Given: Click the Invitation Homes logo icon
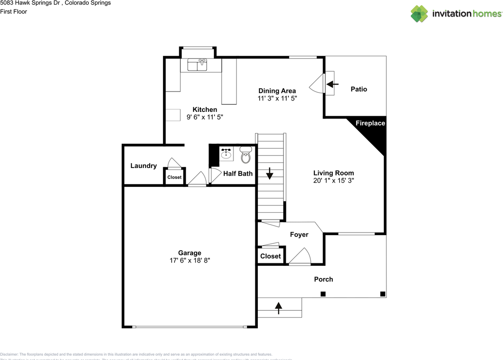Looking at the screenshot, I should (419, 14).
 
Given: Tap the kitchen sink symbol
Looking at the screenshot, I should (197, 65).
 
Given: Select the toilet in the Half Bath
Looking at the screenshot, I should (246, 155).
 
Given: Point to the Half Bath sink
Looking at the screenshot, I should (226, 154).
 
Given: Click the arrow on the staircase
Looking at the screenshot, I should (270, 174).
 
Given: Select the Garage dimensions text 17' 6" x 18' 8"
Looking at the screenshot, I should (189, 260).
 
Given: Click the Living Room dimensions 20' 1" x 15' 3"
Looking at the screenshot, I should (334, 181).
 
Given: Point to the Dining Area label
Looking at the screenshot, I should (277, 91).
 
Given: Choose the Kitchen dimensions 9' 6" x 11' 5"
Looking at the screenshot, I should (205, 117).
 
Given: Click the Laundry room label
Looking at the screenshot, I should (143, 166).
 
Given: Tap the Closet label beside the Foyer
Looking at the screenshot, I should (270, 256).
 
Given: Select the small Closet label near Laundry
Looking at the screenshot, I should (174, 177).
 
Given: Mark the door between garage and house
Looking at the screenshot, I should (197, 179).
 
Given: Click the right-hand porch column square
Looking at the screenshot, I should (382, 294).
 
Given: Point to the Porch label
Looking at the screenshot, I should (323, 279).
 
